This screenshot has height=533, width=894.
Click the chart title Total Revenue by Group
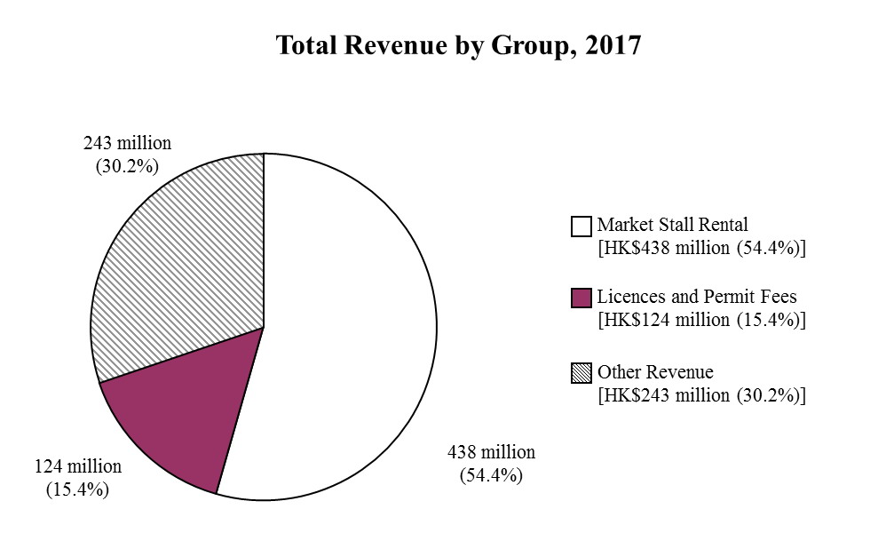point(418,46)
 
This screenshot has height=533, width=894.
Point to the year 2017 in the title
point(612,46)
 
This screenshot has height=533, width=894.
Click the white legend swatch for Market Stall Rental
point(581,227)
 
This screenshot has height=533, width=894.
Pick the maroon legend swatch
point(581,298)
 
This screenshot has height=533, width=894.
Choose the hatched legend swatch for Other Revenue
point(581,373)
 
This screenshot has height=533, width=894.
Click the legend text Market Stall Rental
point(672,225)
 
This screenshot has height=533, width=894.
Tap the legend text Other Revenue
point(655,371)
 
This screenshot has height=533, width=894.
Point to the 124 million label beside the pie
point(78,466)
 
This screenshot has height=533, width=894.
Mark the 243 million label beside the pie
point(128,143)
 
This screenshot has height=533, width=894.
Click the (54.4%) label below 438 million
point(491,475)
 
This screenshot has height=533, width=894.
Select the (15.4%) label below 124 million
point(78,488)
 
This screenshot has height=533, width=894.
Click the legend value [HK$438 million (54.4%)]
point(702,248)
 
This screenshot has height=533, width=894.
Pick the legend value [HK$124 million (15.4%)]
point(702,320)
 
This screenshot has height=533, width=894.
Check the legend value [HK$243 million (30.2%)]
point(702,394)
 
